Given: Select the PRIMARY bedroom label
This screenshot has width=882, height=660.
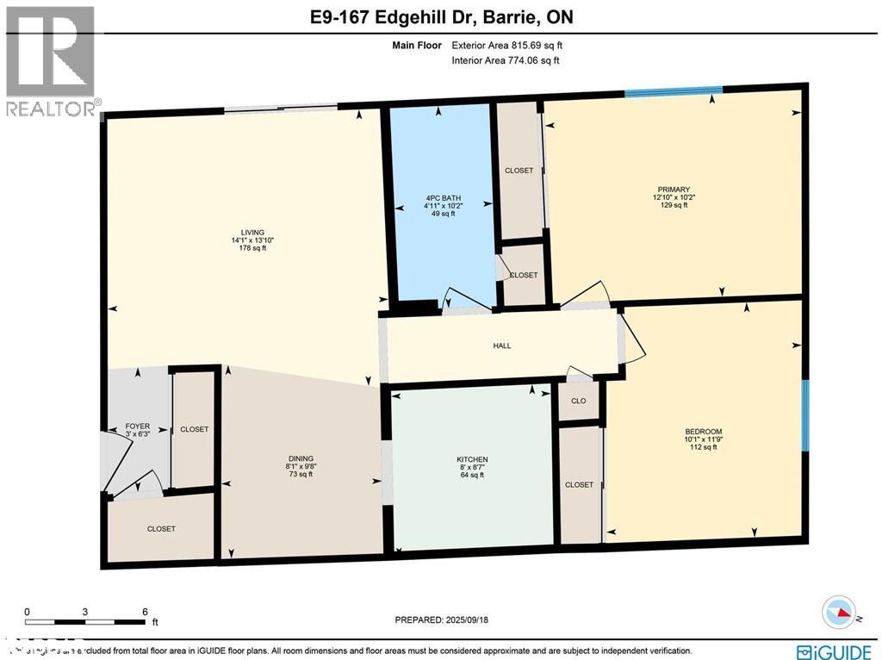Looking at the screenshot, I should [674, 189].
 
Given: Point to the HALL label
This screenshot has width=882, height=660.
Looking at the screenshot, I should [502, 346].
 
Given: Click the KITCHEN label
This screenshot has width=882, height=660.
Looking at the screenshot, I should [472, 459].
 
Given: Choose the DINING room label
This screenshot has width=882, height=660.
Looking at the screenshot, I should [301, 458].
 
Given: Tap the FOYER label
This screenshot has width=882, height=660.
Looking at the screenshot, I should [137, 426].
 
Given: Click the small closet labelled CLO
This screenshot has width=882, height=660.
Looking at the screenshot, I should [579, 401].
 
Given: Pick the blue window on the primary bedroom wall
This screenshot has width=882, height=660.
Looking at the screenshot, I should [673, 90].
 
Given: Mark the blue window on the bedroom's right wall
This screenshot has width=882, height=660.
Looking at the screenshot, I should [805, 415].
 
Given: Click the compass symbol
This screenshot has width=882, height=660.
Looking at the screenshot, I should [838, 613].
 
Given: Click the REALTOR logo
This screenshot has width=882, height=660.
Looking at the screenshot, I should [50, 60].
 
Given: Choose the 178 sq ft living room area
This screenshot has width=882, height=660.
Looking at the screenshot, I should [252, 248].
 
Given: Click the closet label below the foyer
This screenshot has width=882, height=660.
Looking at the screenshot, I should [161, 529].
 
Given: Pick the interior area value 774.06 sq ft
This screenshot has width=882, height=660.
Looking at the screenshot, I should [529, 60].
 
